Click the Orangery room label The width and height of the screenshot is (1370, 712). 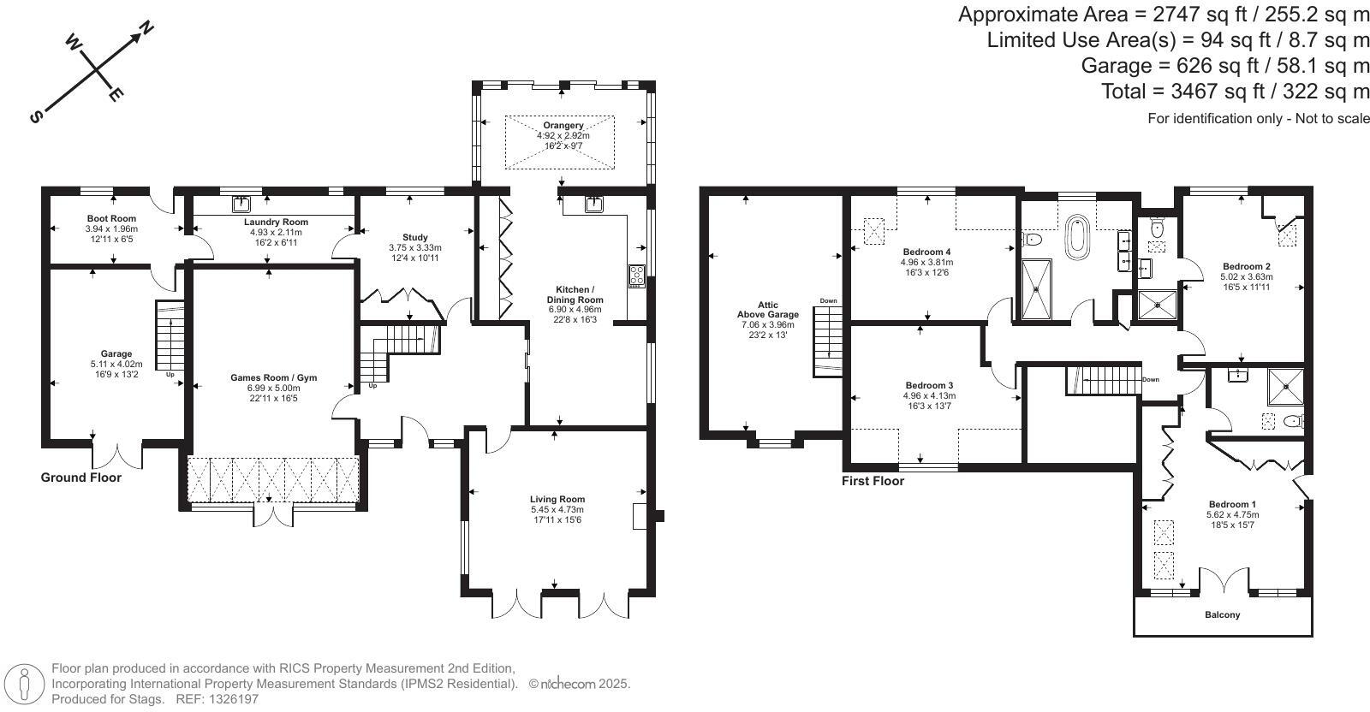(563, 125)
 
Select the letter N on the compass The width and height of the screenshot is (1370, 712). (146, 29)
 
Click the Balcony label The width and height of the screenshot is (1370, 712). (1222, 614)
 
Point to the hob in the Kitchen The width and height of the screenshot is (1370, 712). (637, 276)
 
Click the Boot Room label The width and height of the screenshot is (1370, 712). (111, 218)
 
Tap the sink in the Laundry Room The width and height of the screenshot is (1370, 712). (241, 204)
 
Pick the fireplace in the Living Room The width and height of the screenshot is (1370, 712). (639, 518)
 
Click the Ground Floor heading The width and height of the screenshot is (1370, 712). (81, 478)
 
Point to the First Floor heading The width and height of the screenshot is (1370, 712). (873, 481)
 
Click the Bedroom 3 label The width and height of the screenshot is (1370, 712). (929, 385)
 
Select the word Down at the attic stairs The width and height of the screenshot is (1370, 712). (828, 301)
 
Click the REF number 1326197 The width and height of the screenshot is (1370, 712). (229, 698)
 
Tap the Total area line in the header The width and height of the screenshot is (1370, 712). (1236, 92)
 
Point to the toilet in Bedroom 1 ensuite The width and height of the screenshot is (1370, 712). (1293, 421)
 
